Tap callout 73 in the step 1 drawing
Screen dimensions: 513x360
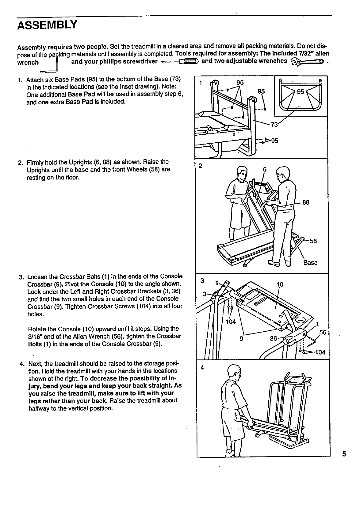(274, 125)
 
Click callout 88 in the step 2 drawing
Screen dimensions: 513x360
(306, 202)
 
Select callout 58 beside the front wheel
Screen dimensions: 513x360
(313, 241)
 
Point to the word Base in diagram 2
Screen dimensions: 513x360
(310, 263)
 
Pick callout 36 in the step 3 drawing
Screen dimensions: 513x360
(273, 338)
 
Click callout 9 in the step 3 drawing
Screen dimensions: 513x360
(241, 339)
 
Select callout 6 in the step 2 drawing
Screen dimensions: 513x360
(265, 169)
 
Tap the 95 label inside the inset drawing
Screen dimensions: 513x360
(301, 92)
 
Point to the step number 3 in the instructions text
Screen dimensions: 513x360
(21, 276)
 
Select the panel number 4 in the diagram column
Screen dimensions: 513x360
(202, 367)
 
